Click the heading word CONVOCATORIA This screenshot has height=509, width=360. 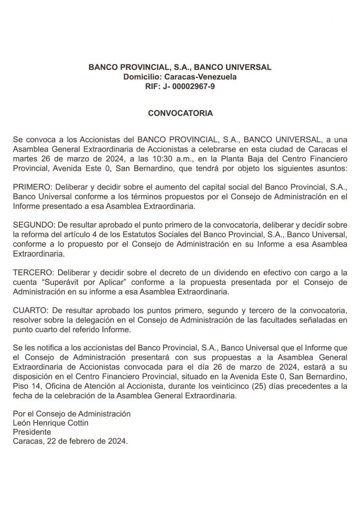(x=180, y=113)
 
